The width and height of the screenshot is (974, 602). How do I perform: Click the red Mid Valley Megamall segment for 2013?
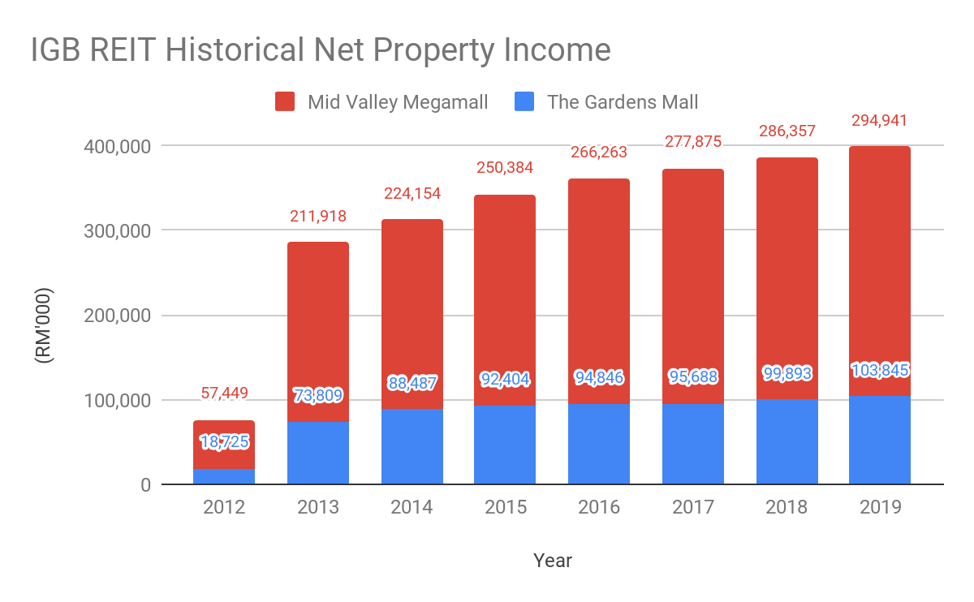point(318,325)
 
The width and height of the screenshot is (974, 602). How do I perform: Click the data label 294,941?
point(879,121)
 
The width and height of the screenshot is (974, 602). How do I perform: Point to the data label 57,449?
point(224,393)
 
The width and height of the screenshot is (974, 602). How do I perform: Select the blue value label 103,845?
point(880,370)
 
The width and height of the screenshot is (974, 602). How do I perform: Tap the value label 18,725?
point(224,442)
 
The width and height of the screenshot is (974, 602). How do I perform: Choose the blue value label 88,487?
point(412,382)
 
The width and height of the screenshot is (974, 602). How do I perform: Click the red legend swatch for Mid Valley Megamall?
point(285,102)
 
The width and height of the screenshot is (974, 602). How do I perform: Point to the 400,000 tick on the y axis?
point(118,147)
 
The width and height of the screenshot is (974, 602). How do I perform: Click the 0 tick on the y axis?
point(145,485)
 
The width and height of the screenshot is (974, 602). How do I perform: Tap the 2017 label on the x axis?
point(692,507)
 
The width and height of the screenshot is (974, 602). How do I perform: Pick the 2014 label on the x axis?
point(412,507)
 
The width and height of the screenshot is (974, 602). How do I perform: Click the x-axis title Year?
point(553,561)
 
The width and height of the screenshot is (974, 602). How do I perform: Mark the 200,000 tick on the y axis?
point(118,316)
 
